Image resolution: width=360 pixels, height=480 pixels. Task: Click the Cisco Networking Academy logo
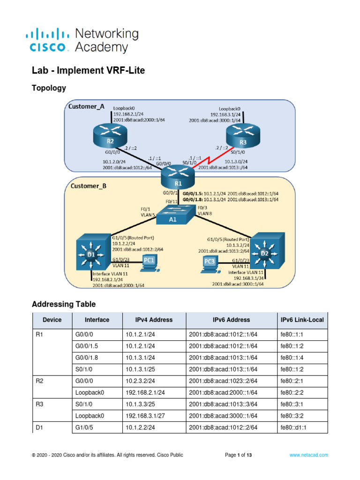pos(82,40)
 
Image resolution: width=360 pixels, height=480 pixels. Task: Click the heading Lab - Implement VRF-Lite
pos(88,71)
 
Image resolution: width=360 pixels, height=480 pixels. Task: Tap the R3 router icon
pos(242,135)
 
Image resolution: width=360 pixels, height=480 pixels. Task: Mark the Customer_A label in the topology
pos(87,106)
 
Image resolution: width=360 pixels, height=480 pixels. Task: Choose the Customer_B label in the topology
pos(88,186)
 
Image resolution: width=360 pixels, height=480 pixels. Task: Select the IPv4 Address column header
pos(149,320)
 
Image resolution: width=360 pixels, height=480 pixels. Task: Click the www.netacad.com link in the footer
pos(308,455)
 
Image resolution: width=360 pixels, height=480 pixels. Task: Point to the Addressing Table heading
pos(64,304)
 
